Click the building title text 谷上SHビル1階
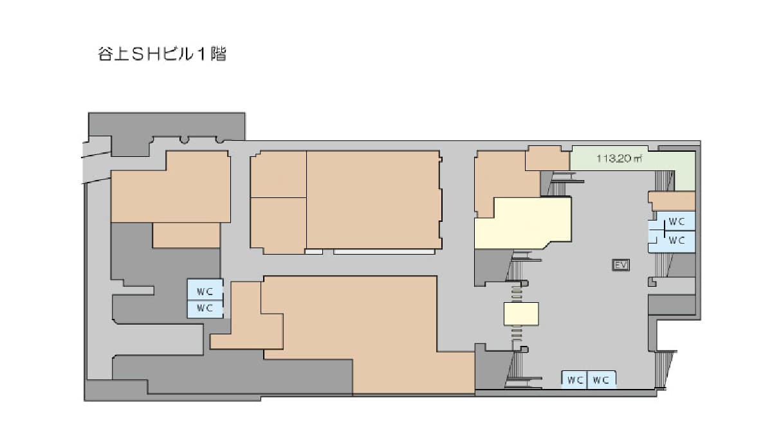[x=162, y=55]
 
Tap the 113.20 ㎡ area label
[x=619, y=158]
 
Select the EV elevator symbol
[x=621, y=265]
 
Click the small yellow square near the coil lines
[x=521, y=314]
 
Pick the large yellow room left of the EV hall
[x=523, y=223]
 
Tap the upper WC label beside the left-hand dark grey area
[x=205, y=292]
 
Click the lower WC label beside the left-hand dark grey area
[x=205, y=307]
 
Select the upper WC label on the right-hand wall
[x=676, y=222]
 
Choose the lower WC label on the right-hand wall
[x=676, y=240]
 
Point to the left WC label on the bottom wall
[x=575, y=380]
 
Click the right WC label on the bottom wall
[x=601, y=380]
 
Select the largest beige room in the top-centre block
[x=374, y=199]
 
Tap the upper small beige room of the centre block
[x=279, y=174]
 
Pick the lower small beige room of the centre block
[x=279, y=226]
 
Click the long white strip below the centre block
[x=384, y=252]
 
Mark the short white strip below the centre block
[x=314, y=252]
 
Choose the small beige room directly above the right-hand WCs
[x=672, y=201]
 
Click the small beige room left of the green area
[x=547, y=158]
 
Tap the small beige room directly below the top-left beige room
[x=187, y=235]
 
